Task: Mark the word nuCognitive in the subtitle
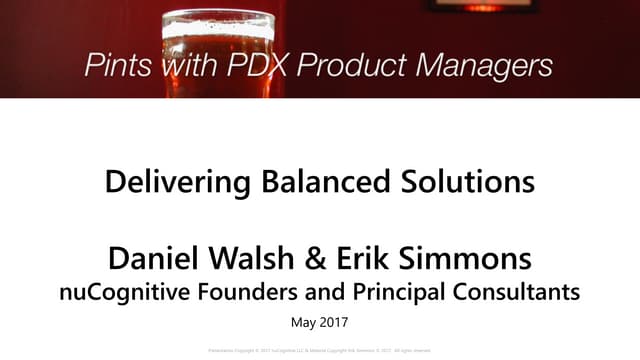pos(148,292)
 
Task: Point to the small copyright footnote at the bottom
pos(320,351)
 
